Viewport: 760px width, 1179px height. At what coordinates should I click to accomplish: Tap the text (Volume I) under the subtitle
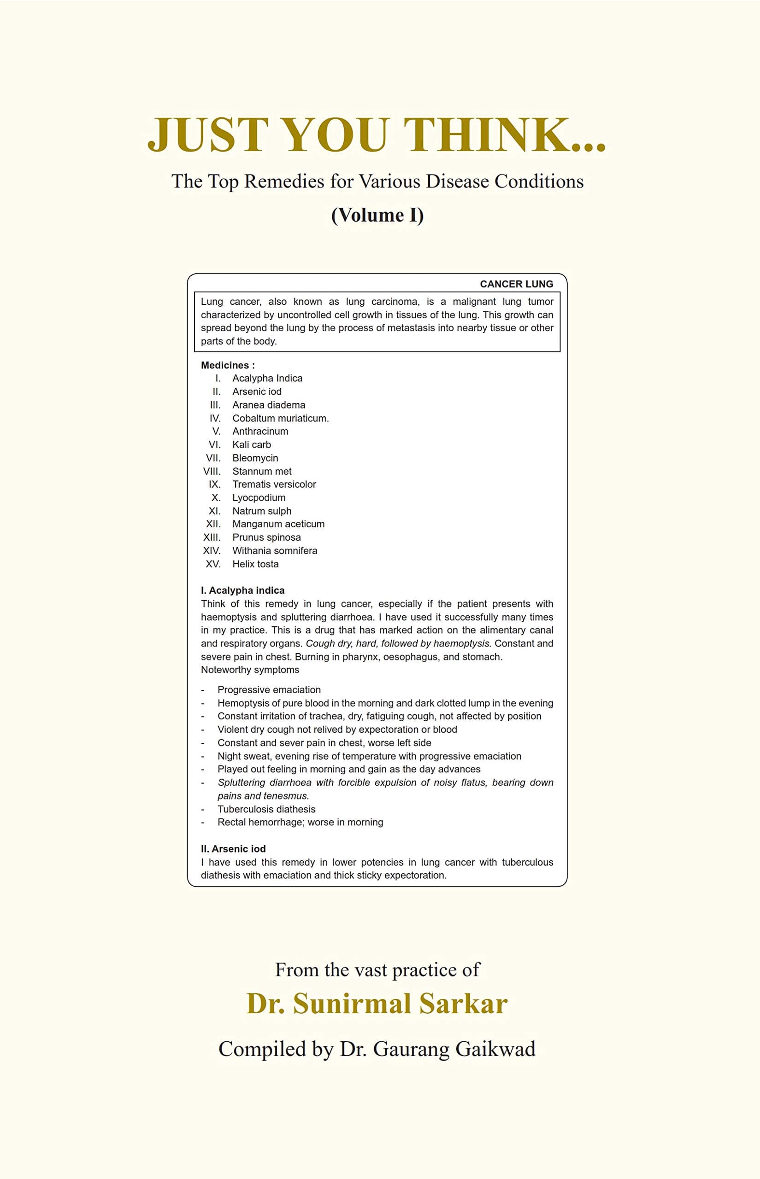(x=377, y=215)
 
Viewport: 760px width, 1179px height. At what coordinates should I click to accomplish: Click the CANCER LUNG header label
(x=516, y=284)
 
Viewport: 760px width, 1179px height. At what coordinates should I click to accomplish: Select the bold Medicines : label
(x=228, y=365)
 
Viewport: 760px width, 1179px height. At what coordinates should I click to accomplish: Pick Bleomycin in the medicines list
(x=255, y=458)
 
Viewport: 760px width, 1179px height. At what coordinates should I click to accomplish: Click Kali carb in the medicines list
(x=252, y=445)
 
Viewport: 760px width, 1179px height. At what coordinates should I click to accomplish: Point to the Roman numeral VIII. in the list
(x=212, y=472)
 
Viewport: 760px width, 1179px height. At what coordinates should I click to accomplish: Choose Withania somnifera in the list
(x=274, y=551)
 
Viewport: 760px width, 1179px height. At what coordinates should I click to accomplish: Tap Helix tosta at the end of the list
(x=255, y=564)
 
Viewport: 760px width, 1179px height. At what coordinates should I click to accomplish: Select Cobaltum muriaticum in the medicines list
(x=280, y=418)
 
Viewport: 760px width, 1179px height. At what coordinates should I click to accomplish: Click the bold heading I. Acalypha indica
(x=242, y=590)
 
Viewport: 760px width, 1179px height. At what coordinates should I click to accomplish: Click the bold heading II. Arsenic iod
(x=233, y=849)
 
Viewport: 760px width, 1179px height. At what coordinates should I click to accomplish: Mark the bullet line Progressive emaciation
(x=269, y=690)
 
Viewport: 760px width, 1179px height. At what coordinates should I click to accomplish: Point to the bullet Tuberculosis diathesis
(x=266, y=809)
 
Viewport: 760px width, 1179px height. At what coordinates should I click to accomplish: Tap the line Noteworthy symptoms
(x=250, y=670)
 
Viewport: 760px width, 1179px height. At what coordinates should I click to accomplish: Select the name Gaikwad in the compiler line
(x=495, y=1049)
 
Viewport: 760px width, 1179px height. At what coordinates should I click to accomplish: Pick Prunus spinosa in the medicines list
(x=266, y=537)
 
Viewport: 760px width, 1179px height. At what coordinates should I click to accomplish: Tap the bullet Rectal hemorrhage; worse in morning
(x=300, y=822)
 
